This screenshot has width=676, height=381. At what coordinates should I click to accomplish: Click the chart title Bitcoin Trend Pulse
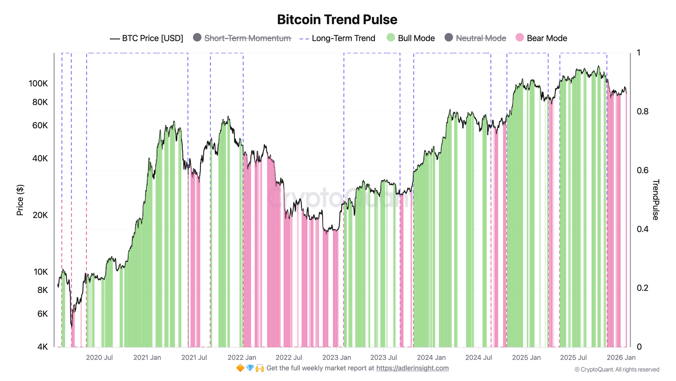tap(337, 20)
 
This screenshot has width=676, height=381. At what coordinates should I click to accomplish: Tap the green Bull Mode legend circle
tap(391, 38)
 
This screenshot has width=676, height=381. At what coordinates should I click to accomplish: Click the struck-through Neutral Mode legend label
tap(481, 38)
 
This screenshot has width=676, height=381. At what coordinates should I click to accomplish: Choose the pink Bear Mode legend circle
tap(520, 38)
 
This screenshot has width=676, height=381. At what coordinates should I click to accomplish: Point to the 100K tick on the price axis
tap(38, 84)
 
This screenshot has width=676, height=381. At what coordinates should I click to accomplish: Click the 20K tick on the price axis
tap(40, 215)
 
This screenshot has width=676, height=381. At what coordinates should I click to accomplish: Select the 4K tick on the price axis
tap(43, 347)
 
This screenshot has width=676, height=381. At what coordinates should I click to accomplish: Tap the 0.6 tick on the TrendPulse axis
tap(643, 170)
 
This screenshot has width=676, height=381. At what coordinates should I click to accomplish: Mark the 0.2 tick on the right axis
tap(643, 288)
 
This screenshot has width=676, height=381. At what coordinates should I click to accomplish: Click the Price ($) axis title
tap(20, 200)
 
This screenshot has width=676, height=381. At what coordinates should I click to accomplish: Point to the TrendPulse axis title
tap(655, 200)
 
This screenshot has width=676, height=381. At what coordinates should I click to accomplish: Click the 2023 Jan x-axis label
tap(336, 358)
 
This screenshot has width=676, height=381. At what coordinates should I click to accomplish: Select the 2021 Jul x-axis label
tap(194, 358)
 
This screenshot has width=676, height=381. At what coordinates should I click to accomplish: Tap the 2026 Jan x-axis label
tap(621, 358)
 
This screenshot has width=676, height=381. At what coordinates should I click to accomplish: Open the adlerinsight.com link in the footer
tap(412, 368)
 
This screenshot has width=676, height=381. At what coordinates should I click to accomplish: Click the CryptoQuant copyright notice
tap(617, 369)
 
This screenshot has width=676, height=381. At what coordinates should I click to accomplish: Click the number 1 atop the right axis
tap(638, 53)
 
